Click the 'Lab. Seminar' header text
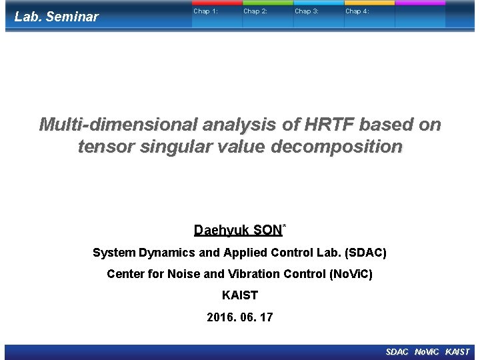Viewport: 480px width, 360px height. [x=57, y=17]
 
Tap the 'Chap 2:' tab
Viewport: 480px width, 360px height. [x=255, y=11]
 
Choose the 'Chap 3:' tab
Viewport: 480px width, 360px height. [x=307, y=11]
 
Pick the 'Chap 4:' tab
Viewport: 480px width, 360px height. [x=357, y=11]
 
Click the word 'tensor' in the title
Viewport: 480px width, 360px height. [x=103, y=146]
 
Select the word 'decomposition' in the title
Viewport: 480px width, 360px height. [x=337, y=146]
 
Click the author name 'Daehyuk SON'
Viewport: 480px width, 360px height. [x=238, y=231]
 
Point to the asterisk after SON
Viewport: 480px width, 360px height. [x=285, y=227]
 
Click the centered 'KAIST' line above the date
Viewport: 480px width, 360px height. [x=240, y=295]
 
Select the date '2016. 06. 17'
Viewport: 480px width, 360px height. [x=240, y=317]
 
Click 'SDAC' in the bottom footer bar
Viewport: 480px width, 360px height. [x=397, y=352]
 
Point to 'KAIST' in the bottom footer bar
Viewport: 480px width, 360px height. [x=457, y=352]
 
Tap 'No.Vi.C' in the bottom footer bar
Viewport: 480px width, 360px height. [x=427, y=352]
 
